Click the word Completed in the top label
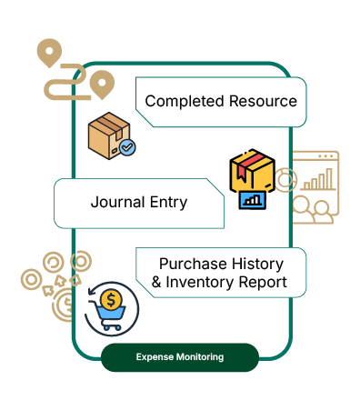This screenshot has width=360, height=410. [185, 101]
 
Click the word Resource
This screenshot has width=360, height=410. [263, 101]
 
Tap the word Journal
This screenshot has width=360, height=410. [117, 202]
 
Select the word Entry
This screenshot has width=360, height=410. [168, 203]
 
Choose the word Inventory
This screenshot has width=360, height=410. [199, 282]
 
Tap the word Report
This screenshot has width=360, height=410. [263, 283]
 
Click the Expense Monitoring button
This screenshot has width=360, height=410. [180, 357]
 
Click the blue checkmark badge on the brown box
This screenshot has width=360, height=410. [127, 147]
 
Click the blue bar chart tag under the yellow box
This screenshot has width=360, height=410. [252, 200]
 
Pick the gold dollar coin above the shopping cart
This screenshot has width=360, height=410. [111, 300]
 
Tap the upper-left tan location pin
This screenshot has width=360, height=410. [49, 52]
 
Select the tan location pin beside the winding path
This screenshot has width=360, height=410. [102, 84]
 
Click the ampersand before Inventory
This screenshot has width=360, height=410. [156, 282]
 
